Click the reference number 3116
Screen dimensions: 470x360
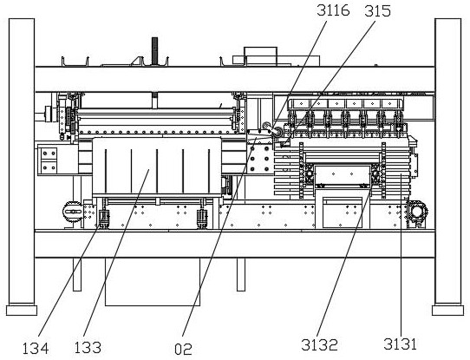click(333, 11)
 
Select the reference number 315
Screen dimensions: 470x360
click(378, 11)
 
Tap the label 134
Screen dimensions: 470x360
click(36, 349)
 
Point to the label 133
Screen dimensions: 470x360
click(88, 348)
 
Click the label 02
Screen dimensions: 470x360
click(183, 350)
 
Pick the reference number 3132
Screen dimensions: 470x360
click(319, 344)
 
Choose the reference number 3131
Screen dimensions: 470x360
click(400, 344)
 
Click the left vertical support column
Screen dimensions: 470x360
click(22, 162)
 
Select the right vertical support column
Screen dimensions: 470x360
click(447, 162)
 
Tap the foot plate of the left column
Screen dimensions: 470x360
click(22, 311)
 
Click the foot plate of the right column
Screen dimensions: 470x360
click(447, 311)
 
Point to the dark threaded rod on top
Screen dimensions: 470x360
click(154, 51)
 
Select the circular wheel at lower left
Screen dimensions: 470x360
click(73, 212)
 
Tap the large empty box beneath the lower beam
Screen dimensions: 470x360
click(153, 282)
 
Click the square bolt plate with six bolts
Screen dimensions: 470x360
click(259, 159)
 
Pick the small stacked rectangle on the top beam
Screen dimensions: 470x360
click(260, 56)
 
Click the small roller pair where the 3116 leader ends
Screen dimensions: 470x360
click(272, 129)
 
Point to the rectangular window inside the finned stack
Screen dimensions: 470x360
click(342, 174)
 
